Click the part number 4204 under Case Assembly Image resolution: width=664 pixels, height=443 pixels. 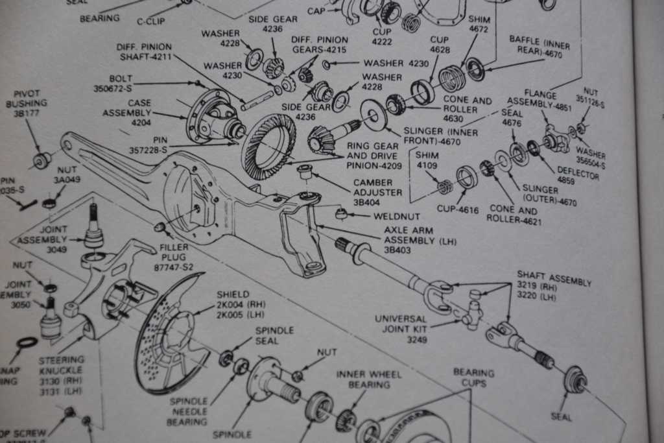[140, 122]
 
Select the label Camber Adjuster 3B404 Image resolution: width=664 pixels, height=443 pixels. [377, 193]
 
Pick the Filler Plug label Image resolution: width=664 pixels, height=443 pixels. [174, 253]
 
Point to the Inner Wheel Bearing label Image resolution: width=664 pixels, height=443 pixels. [368, 379]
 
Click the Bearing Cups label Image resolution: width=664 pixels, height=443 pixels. [473, 377]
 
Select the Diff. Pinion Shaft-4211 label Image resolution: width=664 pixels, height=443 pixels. [144, 52]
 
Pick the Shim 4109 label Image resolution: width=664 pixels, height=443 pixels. [427, 161]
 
